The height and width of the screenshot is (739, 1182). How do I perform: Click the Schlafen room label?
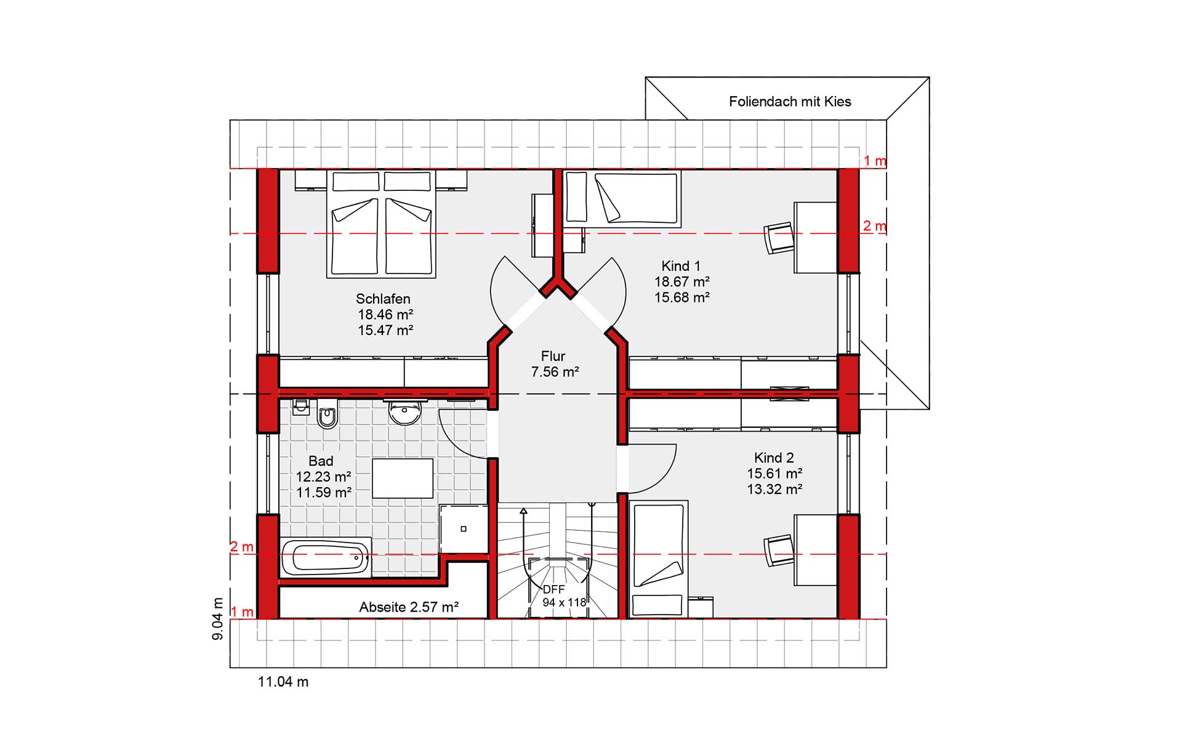pos(383,299)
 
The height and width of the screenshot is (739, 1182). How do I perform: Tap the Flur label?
pos(553,356)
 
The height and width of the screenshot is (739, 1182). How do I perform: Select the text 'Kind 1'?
pos(681,266)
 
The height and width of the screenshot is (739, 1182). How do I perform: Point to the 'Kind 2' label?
pos(774,458)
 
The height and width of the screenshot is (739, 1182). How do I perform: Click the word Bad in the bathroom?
pos(321,461)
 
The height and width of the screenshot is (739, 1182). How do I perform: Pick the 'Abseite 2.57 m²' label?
pos(409,607)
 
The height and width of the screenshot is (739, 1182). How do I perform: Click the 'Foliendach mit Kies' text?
pos(790,102)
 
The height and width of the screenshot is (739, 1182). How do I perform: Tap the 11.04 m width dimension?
pos(283,682)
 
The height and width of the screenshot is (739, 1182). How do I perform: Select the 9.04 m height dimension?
pos(217,618)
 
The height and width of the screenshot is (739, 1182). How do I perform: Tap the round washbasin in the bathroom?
pos(404,413)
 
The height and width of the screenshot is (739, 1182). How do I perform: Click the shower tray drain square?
pos(464,529)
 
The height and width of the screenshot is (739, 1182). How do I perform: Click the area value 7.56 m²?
pos(555,372)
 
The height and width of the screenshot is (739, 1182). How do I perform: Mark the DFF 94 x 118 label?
pos(564,596)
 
